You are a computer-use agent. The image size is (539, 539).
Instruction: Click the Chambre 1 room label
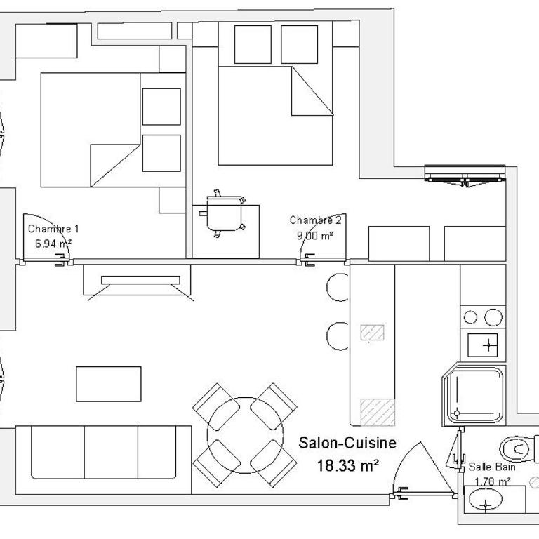(53, 229)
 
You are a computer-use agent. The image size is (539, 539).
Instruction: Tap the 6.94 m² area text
(53, 244)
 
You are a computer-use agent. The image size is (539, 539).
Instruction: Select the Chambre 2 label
(316, 220)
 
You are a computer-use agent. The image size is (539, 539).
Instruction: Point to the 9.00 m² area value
(315, 236)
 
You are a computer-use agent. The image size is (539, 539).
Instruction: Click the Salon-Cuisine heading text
(347, 443)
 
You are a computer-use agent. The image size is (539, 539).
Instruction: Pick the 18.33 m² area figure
(348, 466)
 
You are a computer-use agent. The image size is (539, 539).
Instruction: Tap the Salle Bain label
(492, 467)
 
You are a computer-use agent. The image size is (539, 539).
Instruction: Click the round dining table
(246, 435)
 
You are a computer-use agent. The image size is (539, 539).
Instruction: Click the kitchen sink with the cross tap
(483, 345)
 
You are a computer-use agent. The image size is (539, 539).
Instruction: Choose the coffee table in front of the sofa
(109, 384)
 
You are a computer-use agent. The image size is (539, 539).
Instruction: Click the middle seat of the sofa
(111, 452)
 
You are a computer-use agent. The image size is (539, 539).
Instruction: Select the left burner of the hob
(470, 317)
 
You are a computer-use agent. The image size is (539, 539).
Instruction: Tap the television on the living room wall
(140, 280)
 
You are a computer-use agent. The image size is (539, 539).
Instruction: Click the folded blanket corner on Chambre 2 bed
(312, 91)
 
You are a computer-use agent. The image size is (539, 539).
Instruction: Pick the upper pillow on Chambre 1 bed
(161, 107)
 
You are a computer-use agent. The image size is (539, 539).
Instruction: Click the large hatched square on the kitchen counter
(378, 412)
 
